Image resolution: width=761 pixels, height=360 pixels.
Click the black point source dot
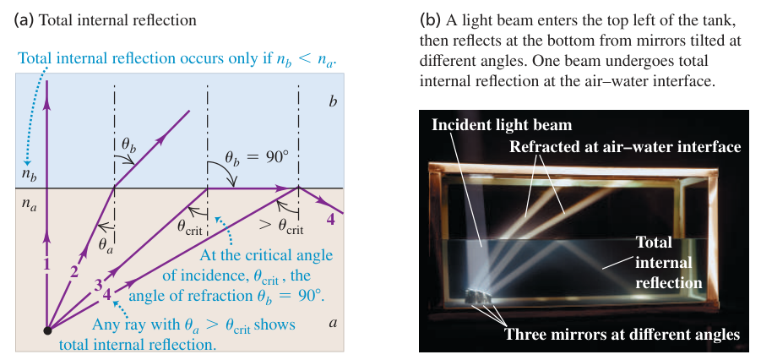(x=47, y=330)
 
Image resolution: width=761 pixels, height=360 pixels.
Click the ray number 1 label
(x=47, y=265)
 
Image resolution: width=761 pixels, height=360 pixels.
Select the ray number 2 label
(x=73, y=272)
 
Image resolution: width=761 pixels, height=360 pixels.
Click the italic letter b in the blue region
(x=331, y=102)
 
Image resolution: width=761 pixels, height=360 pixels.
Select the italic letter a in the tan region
(x=333, y=323)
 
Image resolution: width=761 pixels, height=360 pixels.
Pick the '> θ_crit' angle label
(x=281, y=228)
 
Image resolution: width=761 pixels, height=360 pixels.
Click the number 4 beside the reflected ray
(x=330, y=220)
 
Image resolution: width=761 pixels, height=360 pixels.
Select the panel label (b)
(x=428, y=20)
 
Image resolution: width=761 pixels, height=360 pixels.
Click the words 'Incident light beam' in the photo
(x=502, y=125)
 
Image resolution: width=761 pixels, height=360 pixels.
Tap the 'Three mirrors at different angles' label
(x=622, y=334)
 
